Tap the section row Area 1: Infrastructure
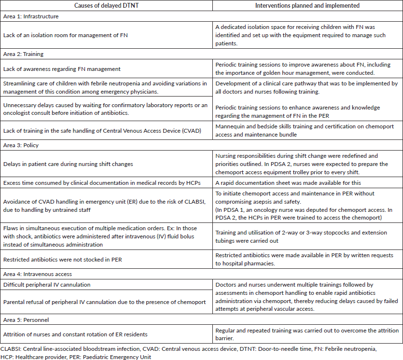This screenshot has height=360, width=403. (x=31, y=16)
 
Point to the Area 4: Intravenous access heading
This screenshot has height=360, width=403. (x=37, y=274)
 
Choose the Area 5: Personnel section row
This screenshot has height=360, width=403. (x=27, y=319)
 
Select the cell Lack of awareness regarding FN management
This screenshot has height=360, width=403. (x=62, y=69)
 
